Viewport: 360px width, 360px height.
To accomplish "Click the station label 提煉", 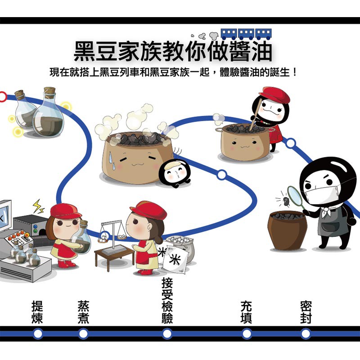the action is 37,312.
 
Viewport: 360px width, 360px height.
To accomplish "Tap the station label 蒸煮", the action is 83,312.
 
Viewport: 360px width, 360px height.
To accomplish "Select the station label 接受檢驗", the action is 167,300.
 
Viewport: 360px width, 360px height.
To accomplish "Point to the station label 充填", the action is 246,312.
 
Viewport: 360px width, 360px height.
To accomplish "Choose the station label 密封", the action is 306,312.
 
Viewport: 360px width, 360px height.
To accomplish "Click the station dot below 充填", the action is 247,334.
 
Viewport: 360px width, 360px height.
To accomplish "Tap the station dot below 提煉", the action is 38,334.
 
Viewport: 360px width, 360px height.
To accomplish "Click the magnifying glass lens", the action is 295,195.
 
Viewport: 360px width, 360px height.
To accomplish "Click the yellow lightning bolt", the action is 38,206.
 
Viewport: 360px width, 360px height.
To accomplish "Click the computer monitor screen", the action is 4,217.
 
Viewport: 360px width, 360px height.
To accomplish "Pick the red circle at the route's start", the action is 3,97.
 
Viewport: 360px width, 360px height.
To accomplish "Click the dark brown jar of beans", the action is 287,230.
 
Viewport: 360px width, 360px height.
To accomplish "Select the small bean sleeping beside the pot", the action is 175,173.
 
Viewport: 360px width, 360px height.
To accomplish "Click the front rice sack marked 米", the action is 175,260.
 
